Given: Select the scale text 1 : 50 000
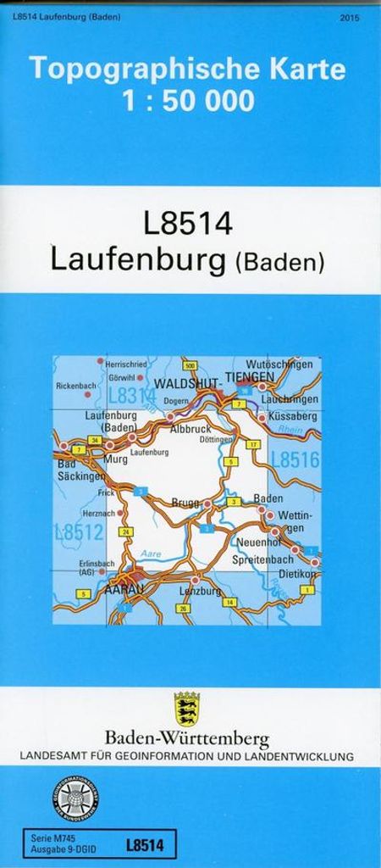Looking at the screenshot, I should (188, 101).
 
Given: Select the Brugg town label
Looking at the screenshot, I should (184, 503).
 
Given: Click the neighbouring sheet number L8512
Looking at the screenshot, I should (78, 532).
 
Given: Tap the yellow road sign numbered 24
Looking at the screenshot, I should (126, 531).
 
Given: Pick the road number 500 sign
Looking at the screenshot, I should (189, 365).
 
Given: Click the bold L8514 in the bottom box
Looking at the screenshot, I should (143, 843).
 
